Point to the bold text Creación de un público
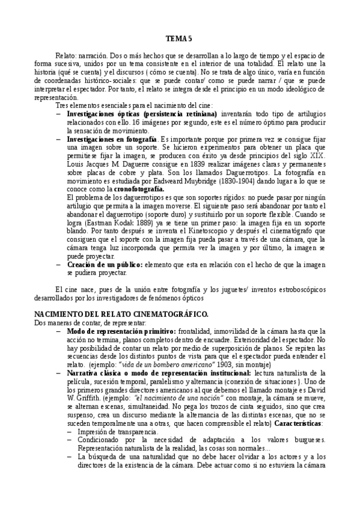click(x=104, y=264)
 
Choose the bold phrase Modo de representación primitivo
click(x=121, y=331)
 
